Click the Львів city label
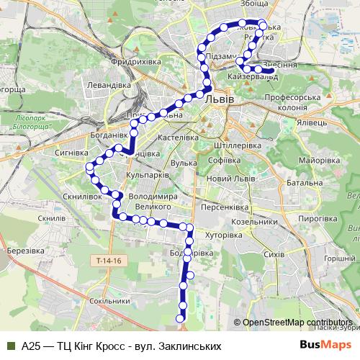[219, 99]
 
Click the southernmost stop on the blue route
[181, 317]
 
